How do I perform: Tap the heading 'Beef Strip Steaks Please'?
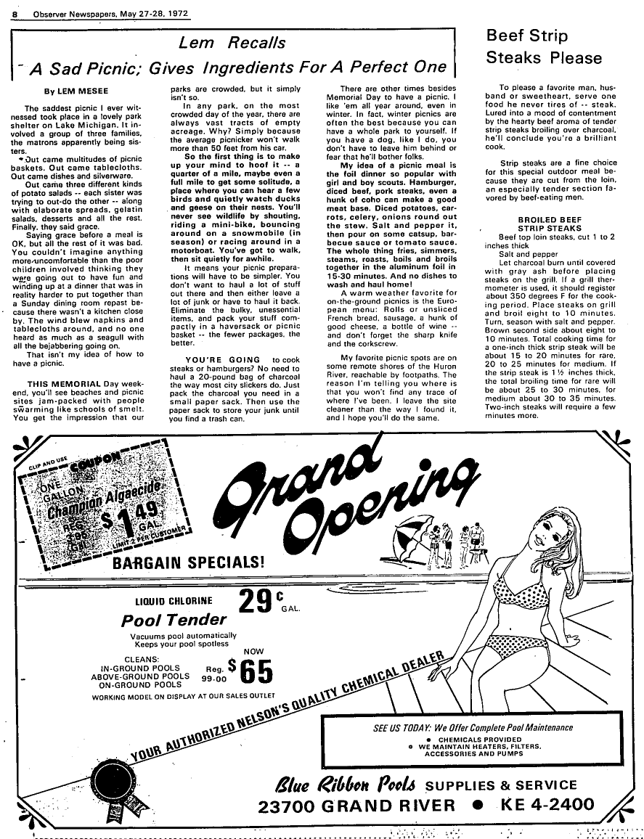click(544, 46)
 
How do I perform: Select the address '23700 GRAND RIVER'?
click(356, 805)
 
